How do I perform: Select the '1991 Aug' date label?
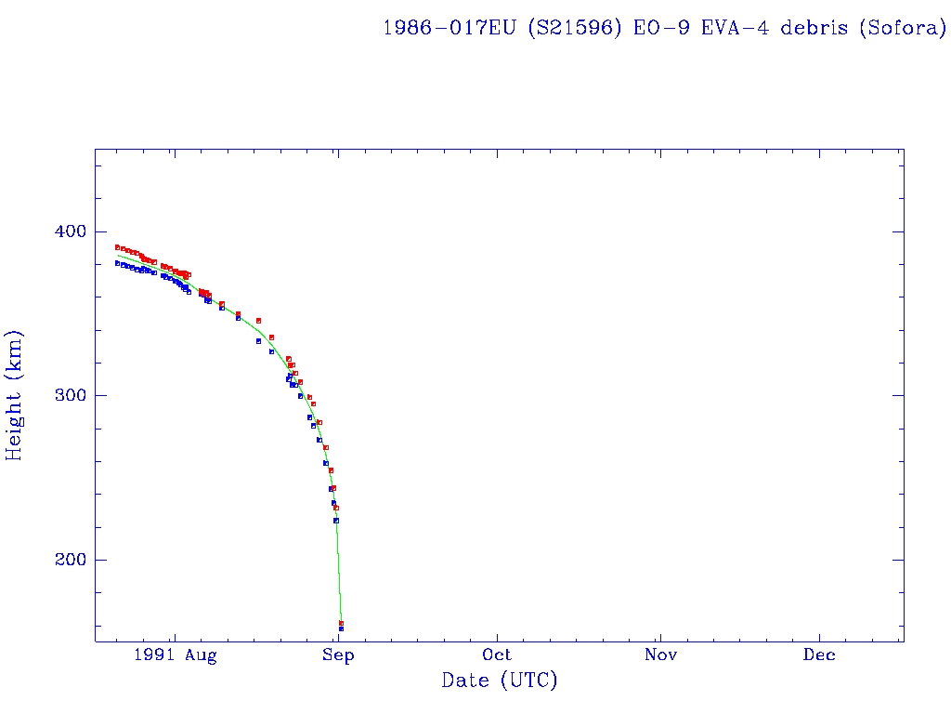(175, 655)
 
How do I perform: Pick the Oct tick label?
(497, 655)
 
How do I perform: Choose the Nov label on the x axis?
(658, 655)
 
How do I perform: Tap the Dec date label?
(819, 655)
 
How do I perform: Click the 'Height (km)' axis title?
(14, 395)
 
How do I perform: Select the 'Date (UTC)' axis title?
(500, 681)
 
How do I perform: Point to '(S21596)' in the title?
(576, 27)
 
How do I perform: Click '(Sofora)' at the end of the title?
(901, 27)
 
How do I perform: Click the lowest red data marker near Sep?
(341, 623)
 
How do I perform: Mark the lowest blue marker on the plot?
(341, 629)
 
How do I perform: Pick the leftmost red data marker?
(117, 247)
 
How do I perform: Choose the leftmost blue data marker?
(117, 263)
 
